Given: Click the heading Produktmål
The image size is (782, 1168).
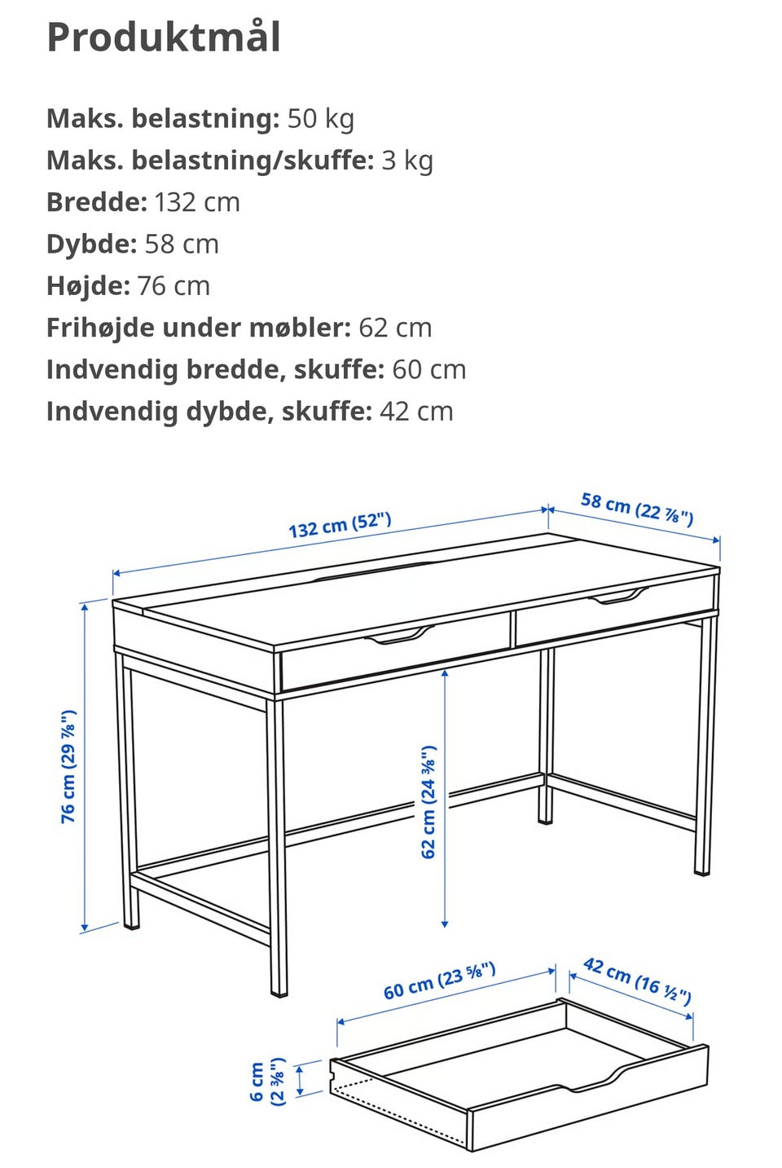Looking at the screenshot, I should tap(164, 37).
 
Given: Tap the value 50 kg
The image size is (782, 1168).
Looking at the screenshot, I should tap(320, 118).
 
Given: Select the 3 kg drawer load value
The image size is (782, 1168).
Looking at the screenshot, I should tap(406, 161).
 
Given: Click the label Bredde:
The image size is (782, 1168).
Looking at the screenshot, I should tap(97, 202).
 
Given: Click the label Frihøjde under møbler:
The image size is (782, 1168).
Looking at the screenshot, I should tap(198, 328).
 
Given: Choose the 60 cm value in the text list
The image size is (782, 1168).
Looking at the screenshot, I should tap(428, 369).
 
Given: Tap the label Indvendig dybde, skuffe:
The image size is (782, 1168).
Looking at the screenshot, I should tap(209, 411).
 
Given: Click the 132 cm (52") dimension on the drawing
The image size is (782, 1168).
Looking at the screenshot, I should tap(340, 525).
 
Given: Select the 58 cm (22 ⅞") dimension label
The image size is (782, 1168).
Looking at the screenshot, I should tap(637, 509).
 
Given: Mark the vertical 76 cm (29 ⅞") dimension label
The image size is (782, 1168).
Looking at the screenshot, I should tap(69, 766).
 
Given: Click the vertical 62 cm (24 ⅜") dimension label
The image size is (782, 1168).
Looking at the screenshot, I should tap(428, 801).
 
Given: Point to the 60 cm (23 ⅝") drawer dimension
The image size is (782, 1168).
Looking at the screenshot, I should tap(439, 981).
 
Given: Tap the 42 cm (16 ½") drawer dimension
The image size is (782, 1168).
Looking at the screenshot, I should tap(637, 981).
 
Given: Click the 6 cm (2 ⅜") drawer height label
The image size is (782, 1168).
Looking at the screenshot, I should tap(267, 1081).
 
